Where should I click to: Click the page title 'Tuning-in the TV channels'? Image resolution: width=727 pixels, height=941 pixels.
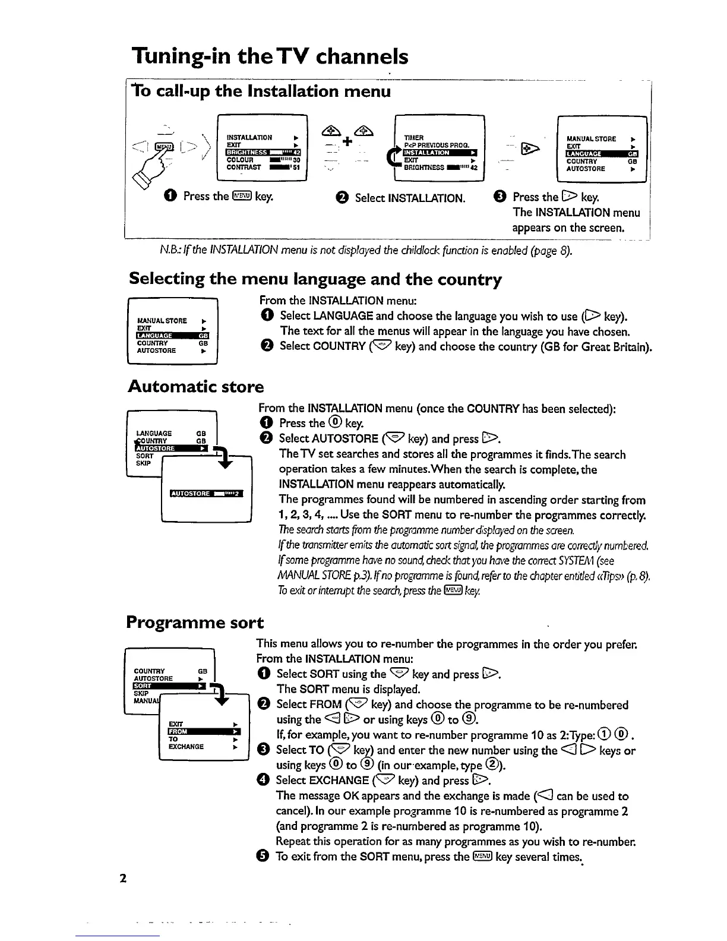270,57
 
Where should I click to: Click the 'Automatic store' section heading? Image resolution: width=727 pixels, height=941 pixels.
196,387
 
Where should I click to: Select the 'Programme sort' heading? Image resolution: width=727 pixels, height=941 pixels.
195,622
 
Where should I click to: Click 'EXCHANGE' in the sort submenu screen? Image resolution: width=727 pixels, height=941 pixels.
186,746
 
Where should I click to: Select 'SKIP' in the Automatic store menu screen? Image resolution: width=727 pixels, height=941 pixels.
143,463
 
